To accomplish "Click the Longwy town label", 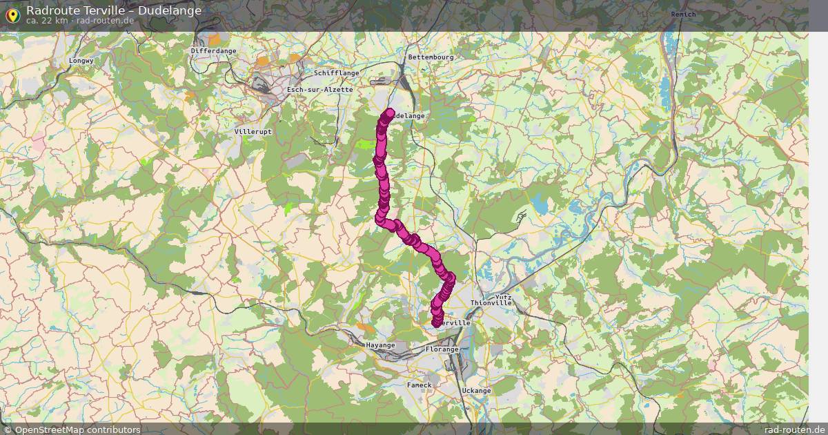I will click(x=81, y=61).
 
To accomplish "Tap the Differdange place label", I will click(x=213, y=51).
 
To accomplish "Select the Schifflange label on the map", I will click(x=336, y=72).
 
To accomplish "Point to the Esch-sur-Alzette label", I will click(x=319, y=90).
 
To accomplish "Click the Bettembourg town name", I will click(x=431, y=57).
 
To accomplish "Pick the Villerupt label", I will click(x=253, y=131).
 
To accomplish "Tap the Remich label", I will click(x=683, y=14).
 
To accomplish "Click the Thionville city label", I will click(x=491, y=303).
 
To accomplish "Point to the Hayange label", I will click(x=380, y=345).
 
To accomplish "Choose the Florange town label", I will click(x=442, y=349).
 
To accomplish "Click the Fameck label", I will click(x=419, y=385).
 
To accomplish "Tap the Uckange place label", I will click(x=476, y=391).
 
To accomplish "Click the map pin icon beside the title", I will click(x=12, y=14).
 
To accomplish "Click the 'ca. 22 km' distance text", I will click(x=46, y=21).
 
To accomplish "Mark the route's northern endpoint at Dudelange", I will click(x=390, y=113).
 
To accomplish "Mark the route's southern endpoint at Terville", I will click(x=436, y=322).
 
